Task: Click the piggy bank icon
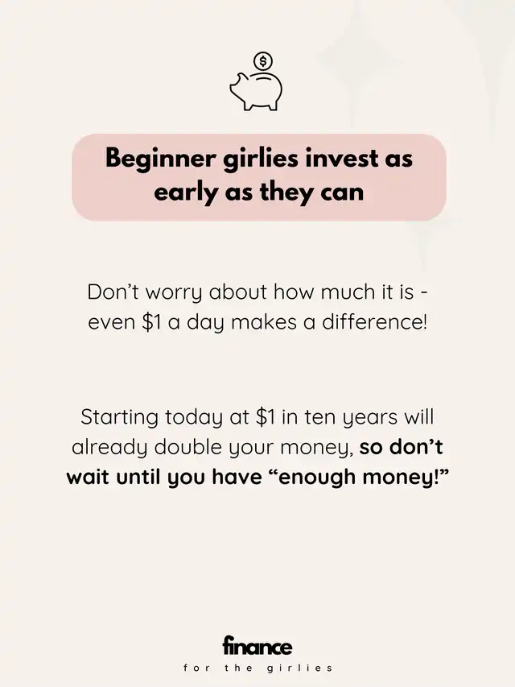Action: (x=256, y=91)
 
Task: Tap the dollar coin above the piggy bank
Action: (x=263, y=61)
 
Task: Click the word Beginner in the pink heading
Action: (x=161, y=159)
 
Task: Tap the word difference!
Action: (x=374, y=322)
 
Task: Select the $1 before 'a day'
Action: (x=152, y=322)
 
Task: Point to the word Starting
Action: (x=119, y=418)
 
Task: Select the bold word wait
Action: (x=88, y=477)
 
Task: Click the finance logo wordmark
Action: (x=257, y=646)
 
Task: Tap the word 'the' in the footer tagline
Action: (x=239, y=668)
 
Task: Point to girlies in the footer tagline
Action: (x=299, y=668)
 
